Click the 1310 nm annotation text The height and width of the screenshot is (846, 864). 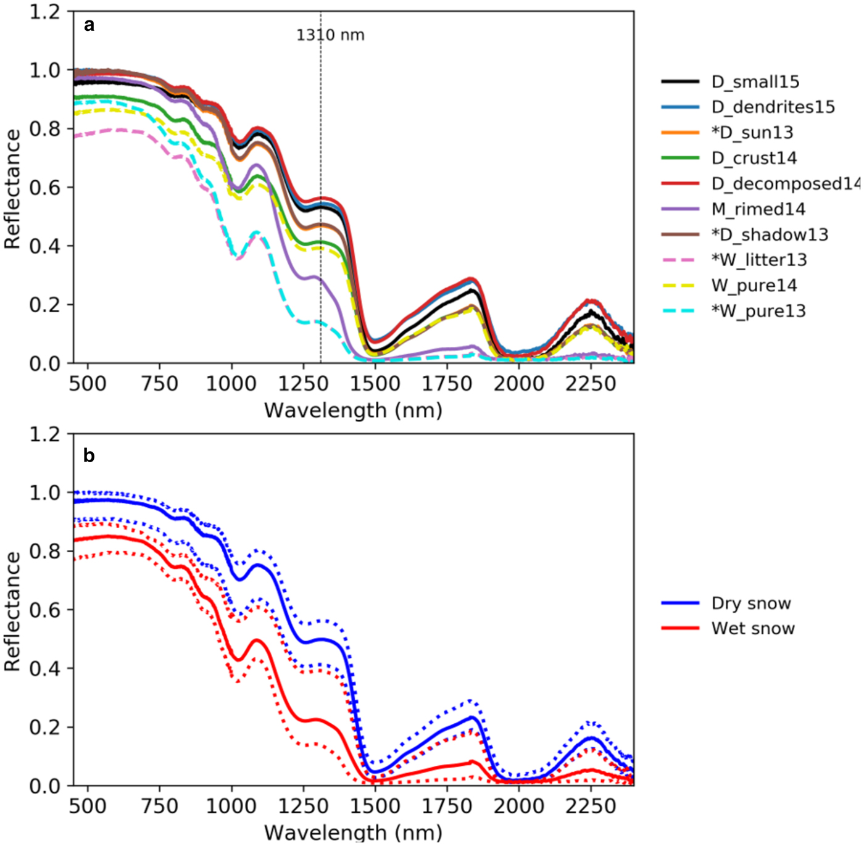click(330, 35)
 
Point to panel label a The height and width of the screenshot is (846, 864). click(89, 25)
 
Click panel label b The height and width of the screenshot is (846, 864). click(89, 456)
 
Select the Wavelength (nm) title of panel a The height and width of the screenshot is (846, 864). click(353, 410)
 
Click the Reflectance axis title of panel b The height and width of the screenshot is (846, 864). click(12, 611)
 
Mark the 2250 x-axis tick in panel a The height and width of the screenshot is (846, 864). click(591, 384)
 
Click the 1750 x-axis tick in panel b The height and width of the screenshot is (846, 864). click(447, 806)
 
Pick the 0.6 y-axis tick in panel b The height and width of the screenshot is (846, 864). click(44, 610)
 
